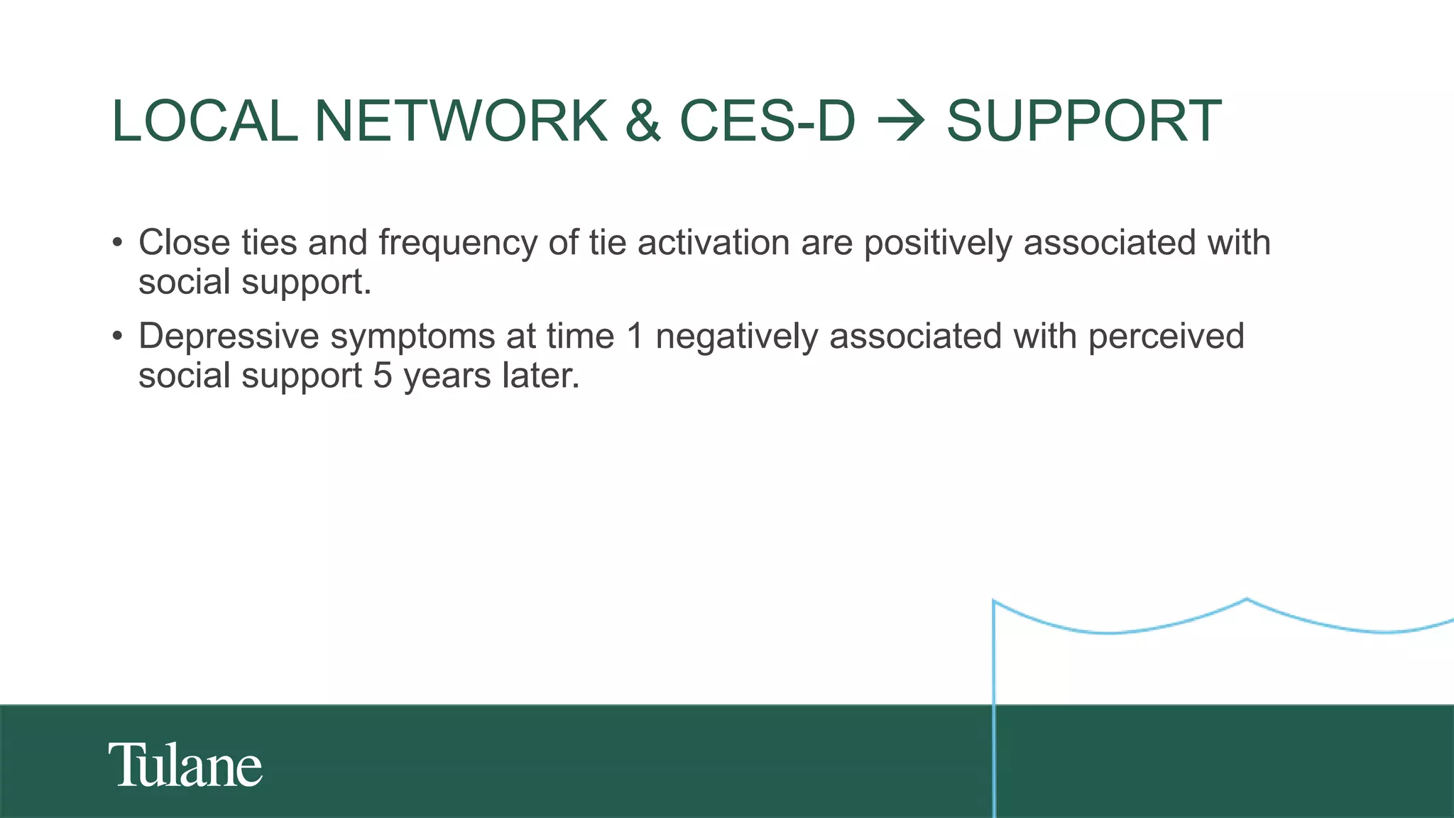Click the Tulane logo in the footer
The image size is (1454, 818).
click(x=185, y=765)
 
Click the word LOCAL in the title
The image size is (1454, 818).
click(x=204, y=121)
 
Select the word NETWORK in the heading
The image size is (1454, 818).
click(x=461, y=121)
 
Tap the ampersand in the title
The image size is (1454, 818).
click(x=643, y=121)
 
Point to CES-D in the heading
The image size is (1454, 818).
click(x=767, y=121)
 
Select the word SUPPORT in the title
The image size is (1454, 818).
click(x=1083, y=121)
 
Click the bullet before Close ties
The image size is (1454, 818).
click(x=118, y=243)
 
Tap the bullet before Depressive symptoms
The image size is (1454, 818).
click(x=118, y=337)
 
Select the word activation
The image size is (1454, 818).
click(x=714, y=243)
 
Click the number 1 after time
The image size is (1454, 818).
click(x=635, y=337)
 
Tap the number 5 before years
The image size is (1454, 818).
click(x=383, y=376)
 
